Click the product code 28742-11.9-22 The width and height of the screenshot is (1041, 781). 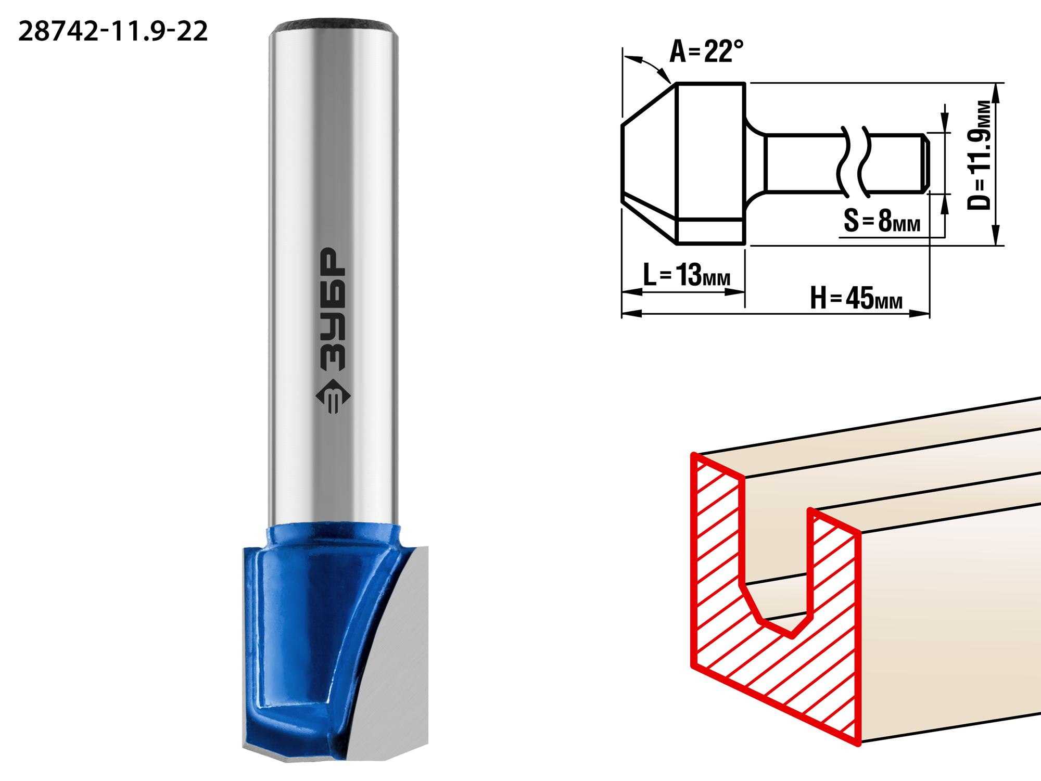pyautogui.click(x=113, y=31)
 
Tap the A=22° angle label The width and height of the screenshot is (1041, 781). pyautogui.click(x=706, y=52)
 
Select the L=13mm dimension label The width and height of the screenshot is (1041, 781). pyautogui.click(x=687, y=274)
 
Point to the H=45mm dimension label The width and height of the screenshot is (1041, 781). pyautogui.click(x=856, y=298)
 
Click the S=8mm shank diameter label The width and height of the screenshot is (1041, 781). pyautogui.click(x=882, y=220)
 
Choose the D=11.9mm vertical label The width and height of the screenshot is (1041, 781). pyautogui.click(x=979, y=155)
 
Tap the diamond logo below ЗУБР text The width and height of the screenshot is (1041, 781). pyautogui.click(x=333, y=396)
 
